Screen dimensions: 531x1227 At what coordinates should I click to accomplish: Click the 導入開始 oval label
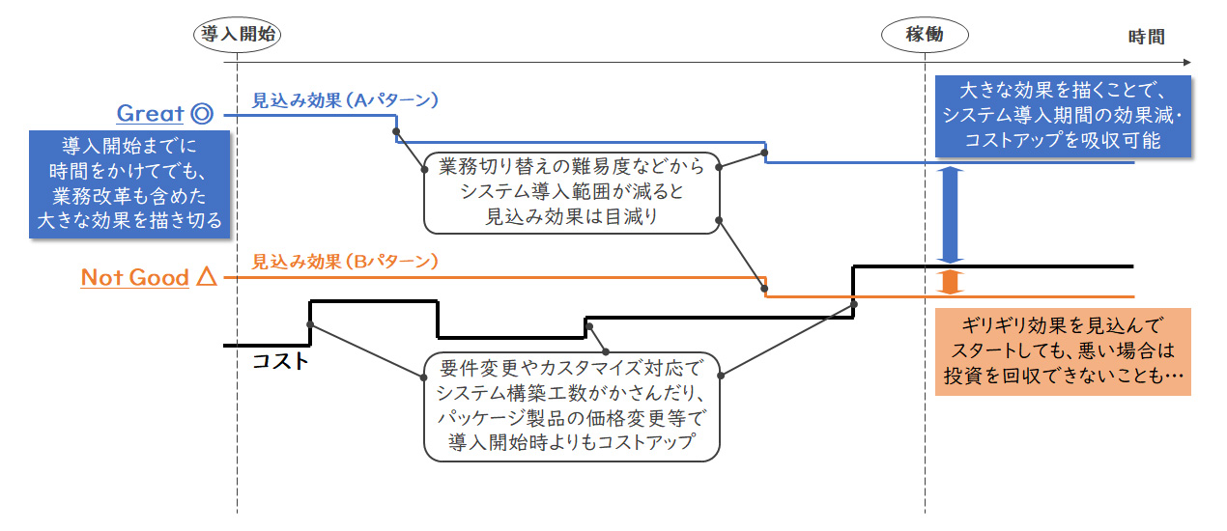tap(236, 36)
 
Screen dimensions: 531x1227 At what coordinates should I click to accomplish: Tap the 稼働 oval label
tap(925, 36)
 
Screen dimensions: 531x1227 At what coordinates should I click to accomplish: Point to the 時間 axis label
tap(1146, 38)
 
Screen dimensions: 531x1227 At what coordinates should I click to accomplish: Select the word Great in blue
tap(150, 114)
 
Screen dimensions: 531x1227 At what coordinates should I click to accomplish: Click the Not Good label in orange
tap(134, 278)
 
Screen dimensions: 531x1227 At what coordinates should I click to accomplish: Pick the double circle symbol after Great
tap(202, 114)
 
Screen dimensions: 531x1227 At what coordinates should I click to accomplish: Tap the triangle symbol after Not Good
tap(206, 278)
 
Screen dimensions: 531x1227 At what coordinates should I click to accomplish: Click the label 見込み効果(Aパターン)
tap(346, 99)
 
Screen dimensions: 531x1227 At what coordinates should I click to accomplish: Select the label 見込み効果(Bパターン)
tap(346, 262)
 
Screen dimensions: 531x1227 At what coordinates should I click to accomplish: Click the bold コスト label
tap(280, 362)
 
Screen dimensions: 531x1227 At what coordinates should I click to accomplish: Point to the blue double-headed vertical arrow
tap(952, 214)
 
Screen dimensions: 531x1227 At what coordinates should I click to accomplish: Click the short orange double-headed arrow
tap(952, 281)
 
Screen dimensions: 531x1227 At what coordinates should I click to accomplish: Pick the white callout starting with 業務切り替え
tap(572, 191)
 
